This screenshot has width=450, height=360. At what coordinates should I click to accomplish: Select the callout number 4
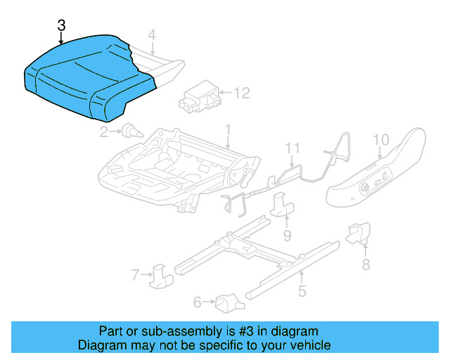click(151, 34)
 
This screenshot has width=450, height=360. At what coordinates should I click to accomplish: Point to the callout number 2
click(103, 130)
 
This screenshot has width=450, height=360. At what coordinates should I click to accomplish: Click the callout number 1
click(227, 130)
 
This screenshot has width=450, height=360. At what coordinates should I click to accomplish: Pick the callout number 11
click(292, 148)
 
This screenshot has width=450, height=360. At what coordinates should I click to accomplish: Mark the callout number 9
click(287, 234)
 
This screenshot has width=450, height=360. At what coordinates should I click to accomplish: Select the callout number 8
click(365, 264)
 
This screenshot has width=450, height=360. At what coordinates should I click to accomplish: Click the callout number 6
click(198, 302)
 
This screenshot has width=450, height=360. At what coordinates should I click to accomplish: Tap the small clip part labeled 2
click(129, 129)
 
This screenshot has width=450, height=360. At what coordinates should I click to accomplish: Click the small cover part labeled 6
click(227, 302)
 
